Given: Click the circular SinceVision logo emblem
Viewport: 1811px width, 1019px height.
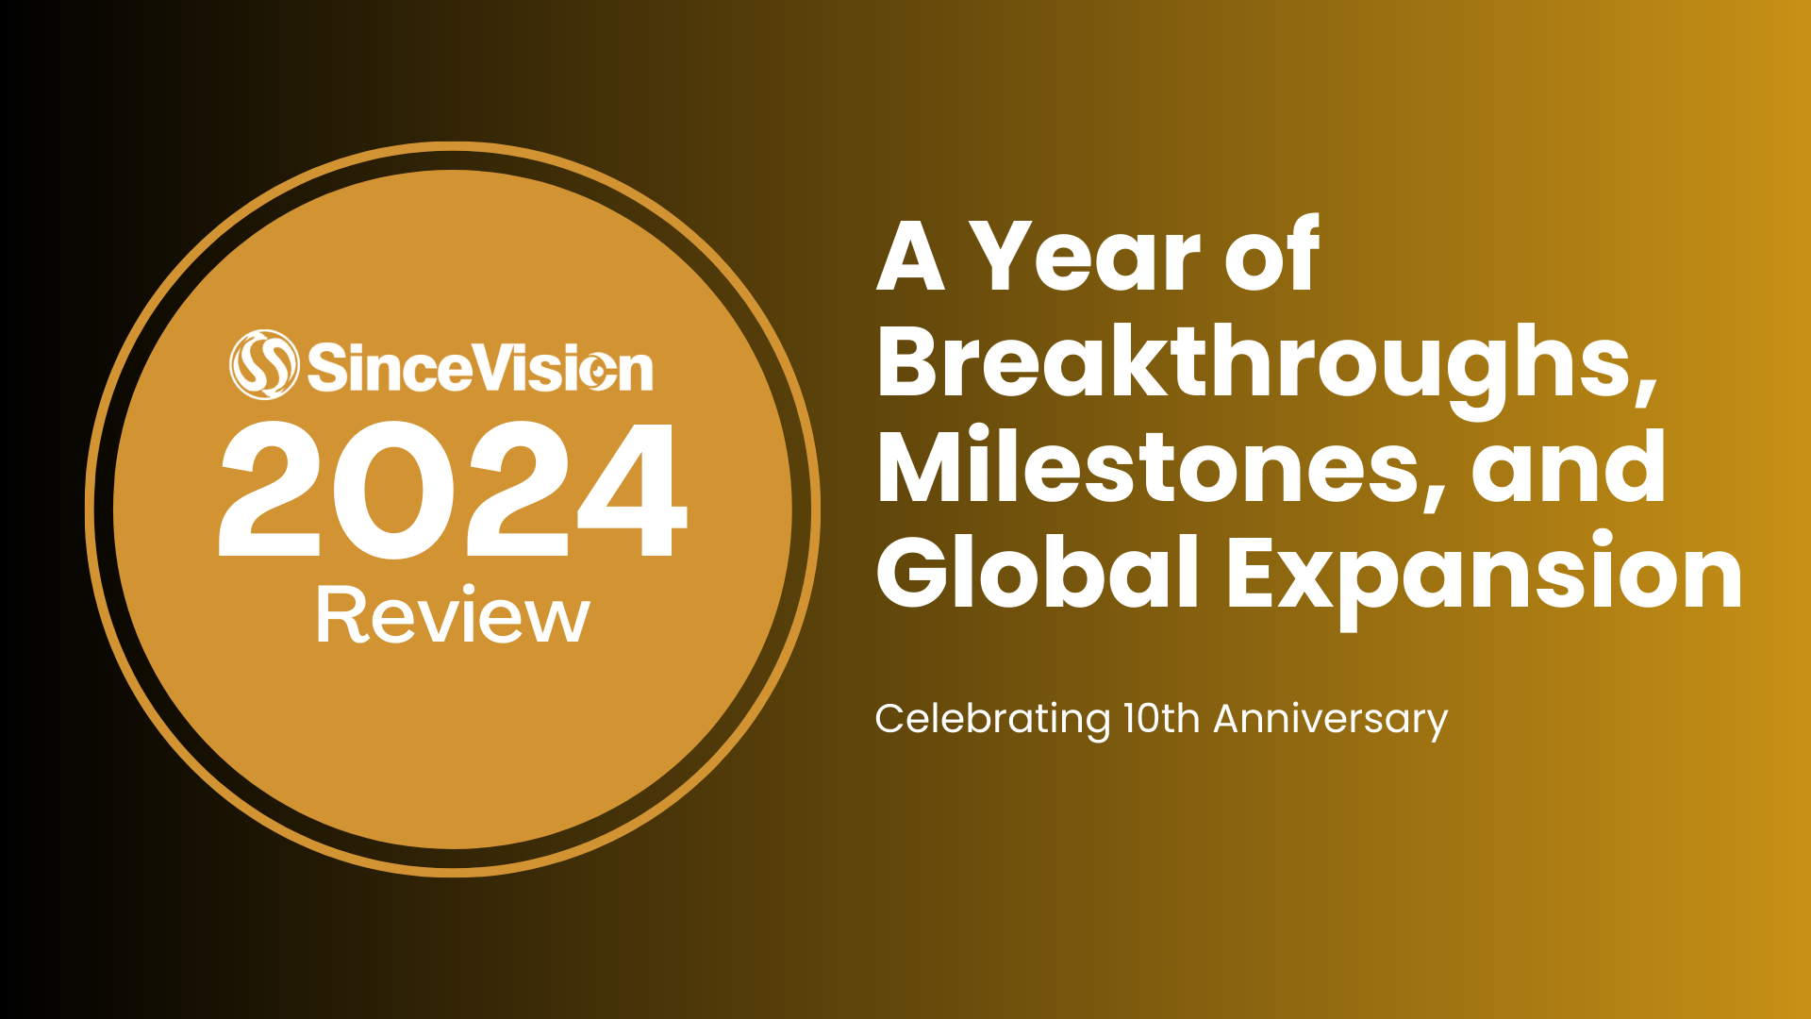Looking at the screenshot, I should coord(264,364).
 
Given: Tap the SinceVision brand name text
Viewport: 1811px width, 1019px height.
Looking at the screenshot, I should coord(479,368).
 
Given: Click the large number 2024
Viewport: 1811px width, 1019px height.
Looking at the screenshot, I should coord(453,491).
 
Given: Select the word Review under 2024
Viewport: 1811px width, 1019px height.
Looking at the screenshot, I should coord(453,616).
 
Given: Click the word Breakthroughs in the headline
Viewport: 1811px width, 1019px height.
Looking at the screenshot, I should coord(1254,363).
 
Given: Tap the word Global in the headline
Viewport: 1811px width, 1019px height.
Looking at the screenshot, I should coord(1038,573).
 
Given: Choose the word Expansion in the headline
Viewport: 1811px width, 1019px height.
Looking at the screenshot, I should coord(1484,573).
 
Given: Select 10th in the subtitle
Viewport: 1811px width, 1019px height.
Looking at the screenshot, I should coord(1162,719).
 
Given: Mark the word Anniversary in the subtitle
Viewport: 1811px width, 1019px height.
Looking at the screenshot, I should coord(1330,720).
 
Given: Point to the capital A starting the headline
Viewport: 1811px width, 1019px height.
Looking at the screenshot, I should coord(910,257).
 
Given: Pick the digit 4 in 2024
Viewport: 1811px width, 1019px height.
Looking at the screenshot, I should coord(632,491).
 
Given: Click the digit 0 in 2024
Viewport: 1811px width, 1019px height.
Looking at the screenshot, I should coord(391,491).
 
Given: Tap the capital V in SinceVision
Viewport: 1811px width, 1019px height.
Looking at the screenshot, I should coord(496,367).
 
